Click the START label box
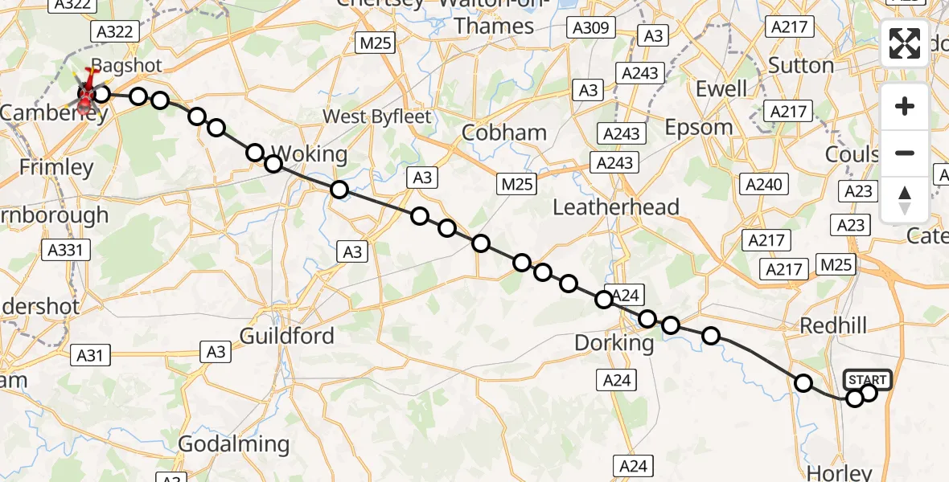[868, 379]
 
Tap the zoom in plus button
[905, 107]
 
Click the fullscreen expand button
[905, 43]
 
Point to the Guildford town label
[287, 335]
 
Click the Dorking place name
[614, 343]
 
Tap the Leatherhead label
[616, 207]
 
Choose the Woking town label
[310, 153]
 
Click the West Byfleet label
[376, 116]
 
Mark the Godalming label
[233, 443]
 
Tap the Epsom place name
[699, 128]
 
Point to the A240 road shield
[763, 185]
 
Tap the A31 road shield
[90, 354]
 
